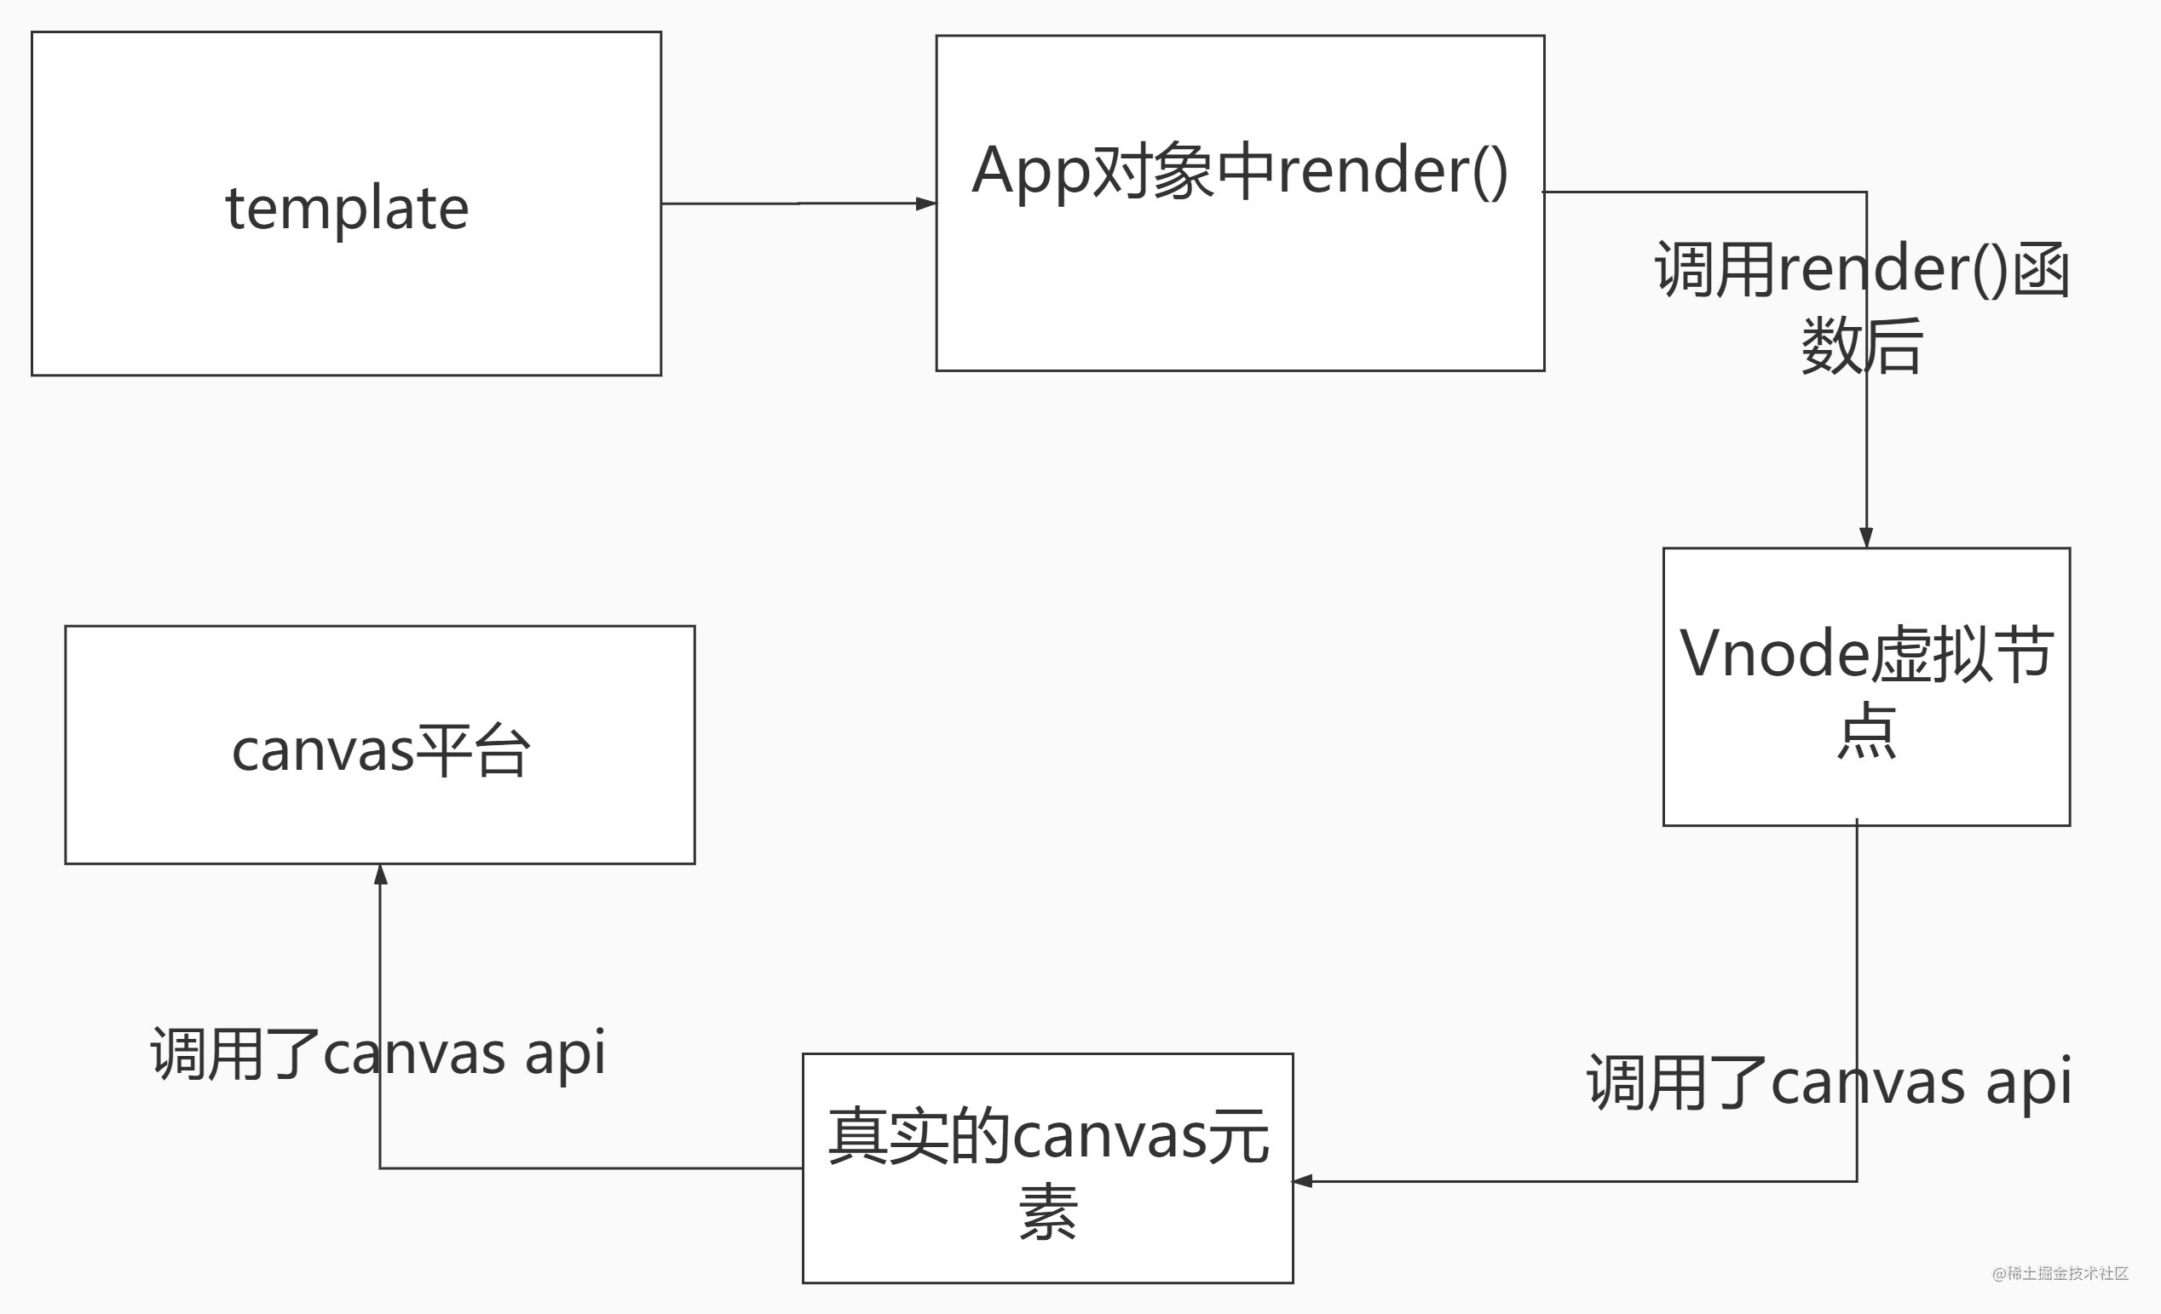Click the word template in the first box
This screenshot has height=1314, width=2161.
[x=348, y=209]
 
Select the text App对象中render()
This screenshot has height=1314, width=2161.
[x=1239, y=170]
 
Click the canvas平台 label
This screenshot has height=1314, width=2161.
[x=381, y=750]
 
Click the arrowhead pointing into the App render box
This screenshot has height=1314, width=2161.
[x=926, y=204]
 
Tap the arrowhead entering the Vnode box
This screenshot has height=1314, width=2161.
[x=1866, y=537]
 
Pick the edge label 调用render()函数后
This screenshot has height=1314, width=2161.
[x=1862, y=307]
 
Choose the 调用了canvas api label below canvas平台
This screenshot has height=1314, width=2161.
[x=378, y=1053]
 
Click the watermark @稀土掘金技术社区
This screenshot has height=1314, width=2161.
[x=2060, y=1273]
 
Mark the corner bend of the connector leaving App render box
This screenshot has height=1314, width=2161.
[x=1866, y=192]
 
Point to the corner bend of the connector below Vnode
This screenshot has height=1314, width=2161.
[x=1857, y=1181]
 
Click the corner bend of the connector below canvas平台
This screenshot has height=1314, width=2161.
[x=381, y=1168]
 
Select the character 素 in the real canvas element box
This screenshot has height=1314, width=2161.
[x=1048, y=1213]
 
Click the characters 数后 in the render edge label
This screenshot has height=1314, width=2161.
[x=1862, y=347]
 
